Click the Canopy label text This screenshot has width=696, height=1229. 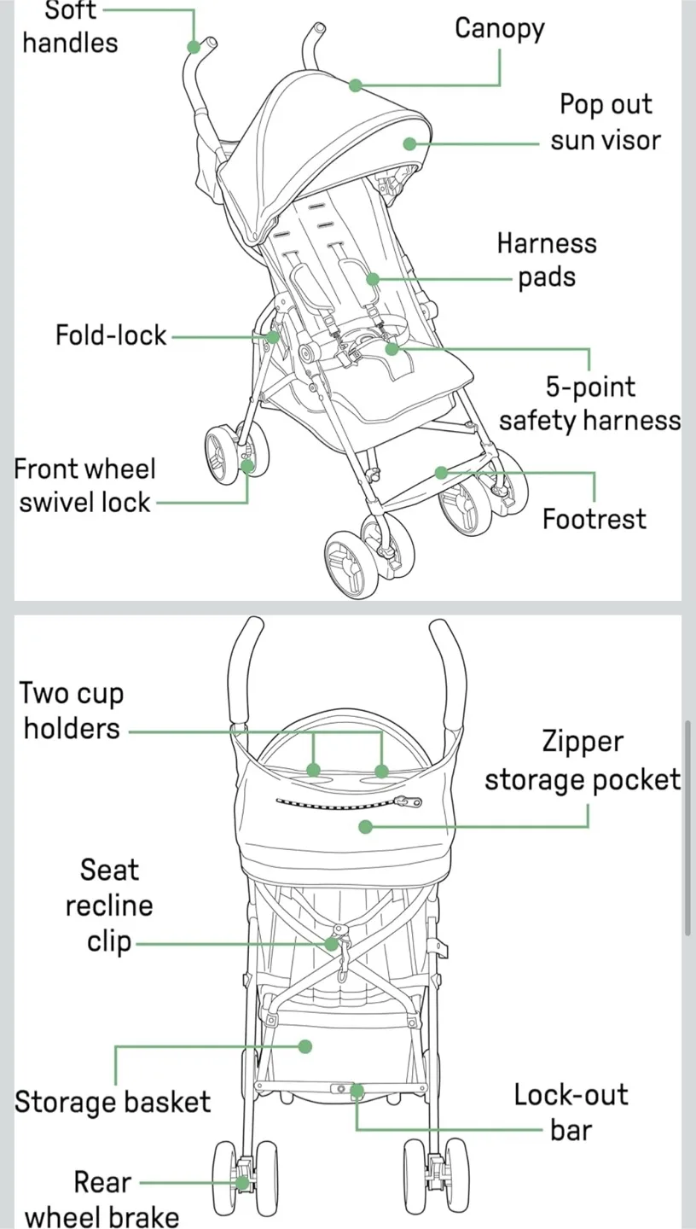click(499, 29)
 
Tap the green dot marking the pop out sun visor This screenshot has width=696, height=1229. click(409, 143)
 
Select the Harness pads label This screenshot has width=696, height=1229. click(547, 260)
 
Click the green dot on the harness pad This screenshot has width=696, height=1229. click(372, 278)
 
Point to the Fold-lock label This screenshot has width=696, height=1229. click(111, 335)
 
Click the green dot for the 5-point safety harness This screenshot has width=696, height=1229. click(391, 348)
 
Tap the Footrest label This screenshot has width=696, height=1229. click(594, 519)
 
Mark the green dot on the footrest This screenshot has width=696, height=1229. click(441, 472)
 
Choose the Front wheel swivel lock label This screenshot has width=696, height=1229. click(85, 486)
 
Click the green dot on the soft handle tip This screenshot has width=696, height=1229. click(194, 47)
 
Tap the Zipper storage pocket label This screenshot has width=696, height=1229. click(583, 760)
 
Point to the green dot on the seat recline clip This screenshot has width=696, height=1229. click(331, 944)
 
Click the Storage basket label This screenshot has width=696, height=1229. click(112, 1102)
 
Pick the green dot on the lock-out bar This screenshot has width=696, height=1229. click(357, 1090)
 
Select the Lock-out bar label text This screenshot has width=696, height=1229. click(571, 1112)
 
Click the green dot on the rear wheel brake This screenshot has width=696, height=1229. click(243, 1183)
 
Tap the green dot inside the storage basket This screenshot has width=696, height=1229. click(305, 1046)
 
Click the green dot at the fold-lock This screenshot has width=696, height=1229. click(272, 336)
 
